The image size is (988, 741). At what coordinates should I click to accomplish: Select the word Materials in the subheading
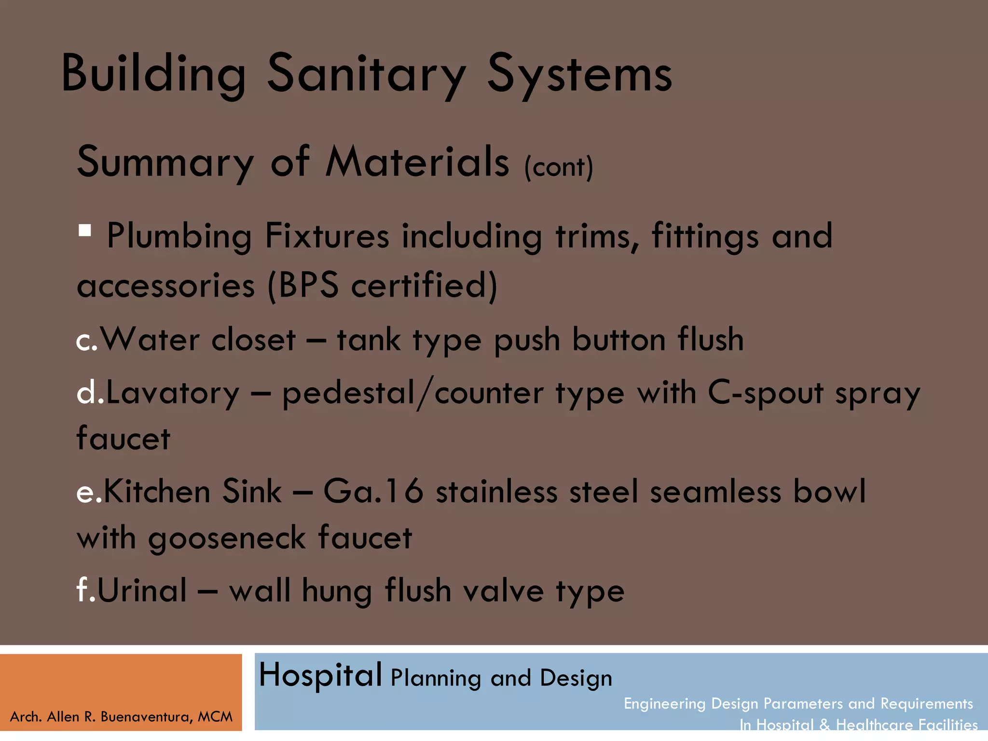pyautogui.click(x=417, y=162)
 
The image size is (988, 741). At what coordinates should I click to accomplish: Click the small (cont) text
pyautogui.click(x=559, y=167)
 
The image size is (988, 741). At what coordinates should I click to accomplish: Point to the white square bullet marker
pyautogui.click(x=85, y=230)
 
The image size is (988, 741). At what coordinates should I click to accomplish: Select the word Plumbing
pyautogui.click(x=179, y=236)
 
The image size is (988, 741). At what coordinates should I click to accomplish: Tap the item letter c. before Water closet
pyautogui.click(x=87, y=341)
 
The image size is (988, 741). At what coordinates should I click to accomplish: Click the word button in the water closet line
pyautogui.click(x=619, y=340)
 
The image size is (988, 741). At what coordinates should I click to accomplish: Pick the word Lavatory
pyautogui.click(x=172, y=393)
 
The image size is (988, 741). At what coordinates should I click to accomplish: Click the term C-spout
pyautogui.click(x=765, y=393)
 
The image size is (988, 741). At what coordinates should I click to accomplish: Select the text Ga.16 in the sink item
pyautogui.click(x=373, y=492)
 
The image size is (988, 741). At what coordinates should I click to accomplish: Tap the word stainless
pyautogui.click(x=496, y=492)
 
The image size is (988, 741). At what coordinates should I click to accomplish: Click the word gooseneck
pyautogui.click(x=227, y=538)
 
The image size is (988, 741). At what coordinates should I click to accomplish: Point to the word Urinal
pyautogui.click(x=142, y=590)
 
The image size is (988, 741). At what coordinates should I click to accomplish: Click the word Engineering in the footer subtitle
pyautogui.click(x=664, y=704)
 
